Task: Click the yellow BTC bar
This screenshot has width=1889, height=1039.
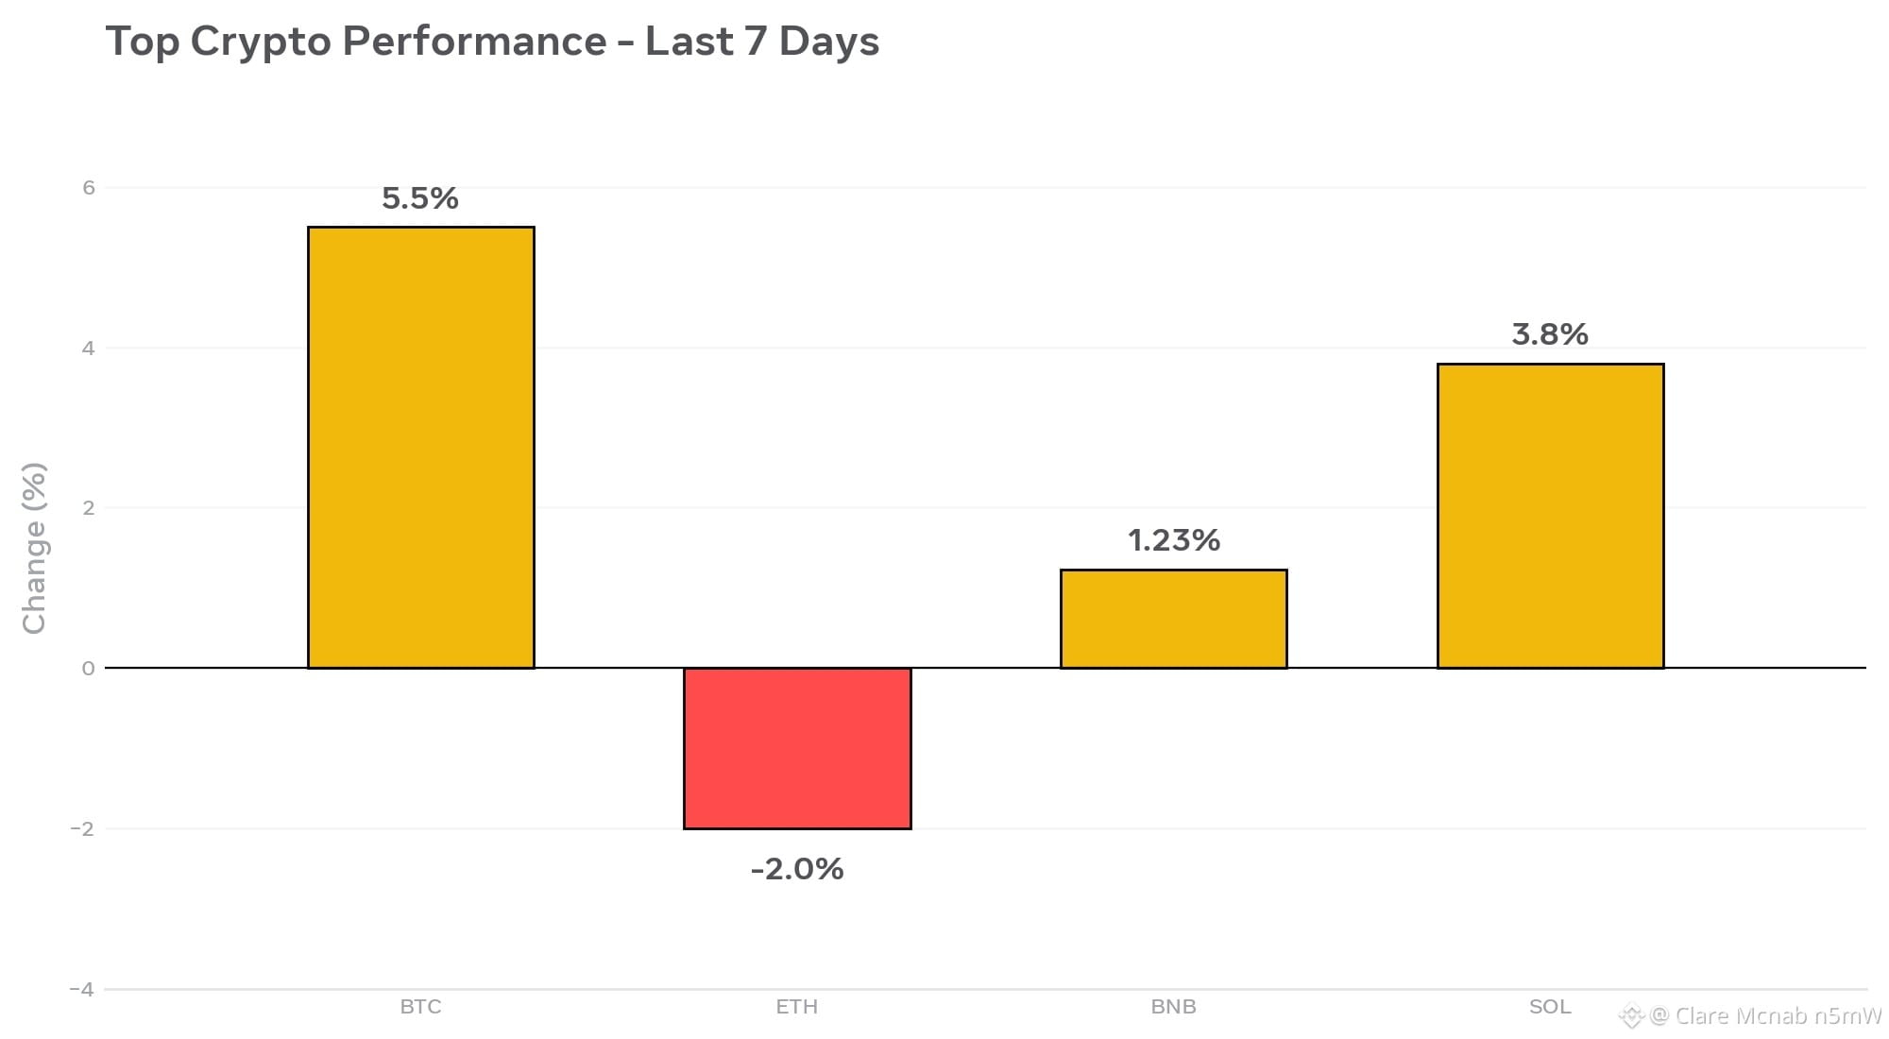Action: pos(421,448)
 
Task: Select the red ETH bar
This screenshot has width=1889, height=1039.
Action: pos(797,748)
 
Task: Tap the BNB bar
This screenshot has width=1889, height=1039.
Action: pos(1174,619)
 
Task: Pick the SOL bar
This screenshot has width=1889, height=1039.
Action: pos(1550,516)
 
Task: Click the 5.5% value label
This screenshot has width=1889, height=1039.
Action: pos(420,198)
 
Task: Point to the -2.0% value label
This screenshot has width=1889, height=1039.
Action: pos(797,869)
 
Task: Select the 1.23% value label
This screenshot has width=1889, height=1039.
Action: pos(1174,540)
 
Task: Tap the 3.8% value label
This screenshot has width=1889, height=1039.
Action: pos(1550,334)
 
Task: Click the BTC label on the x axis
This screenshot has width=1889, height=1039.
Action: pos(420,1007)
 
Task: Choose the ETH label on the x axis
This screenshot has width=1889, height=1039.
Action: pos(797,1007)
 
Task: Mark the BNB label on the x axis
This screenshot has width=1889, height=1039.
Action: pos(1174,1007)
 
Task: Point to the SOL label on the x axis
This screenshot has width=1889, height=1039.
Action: pos(1550,1007)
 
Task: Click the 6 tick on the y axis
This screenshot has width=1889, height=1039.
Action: pos(89,188)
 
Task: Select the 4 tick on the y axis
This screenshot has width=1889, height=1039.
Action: pos(89,349)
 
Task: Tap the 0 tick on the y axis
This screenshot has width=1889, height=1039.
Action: pos(89,669)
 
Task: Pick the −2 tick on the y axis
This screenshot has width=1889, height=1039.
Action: pos(82,829)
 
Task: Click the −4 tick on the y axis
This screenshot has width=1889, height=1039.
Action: pos(82,990)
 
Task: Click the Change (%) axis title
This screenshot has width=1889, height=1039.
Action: pos(34,548)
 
